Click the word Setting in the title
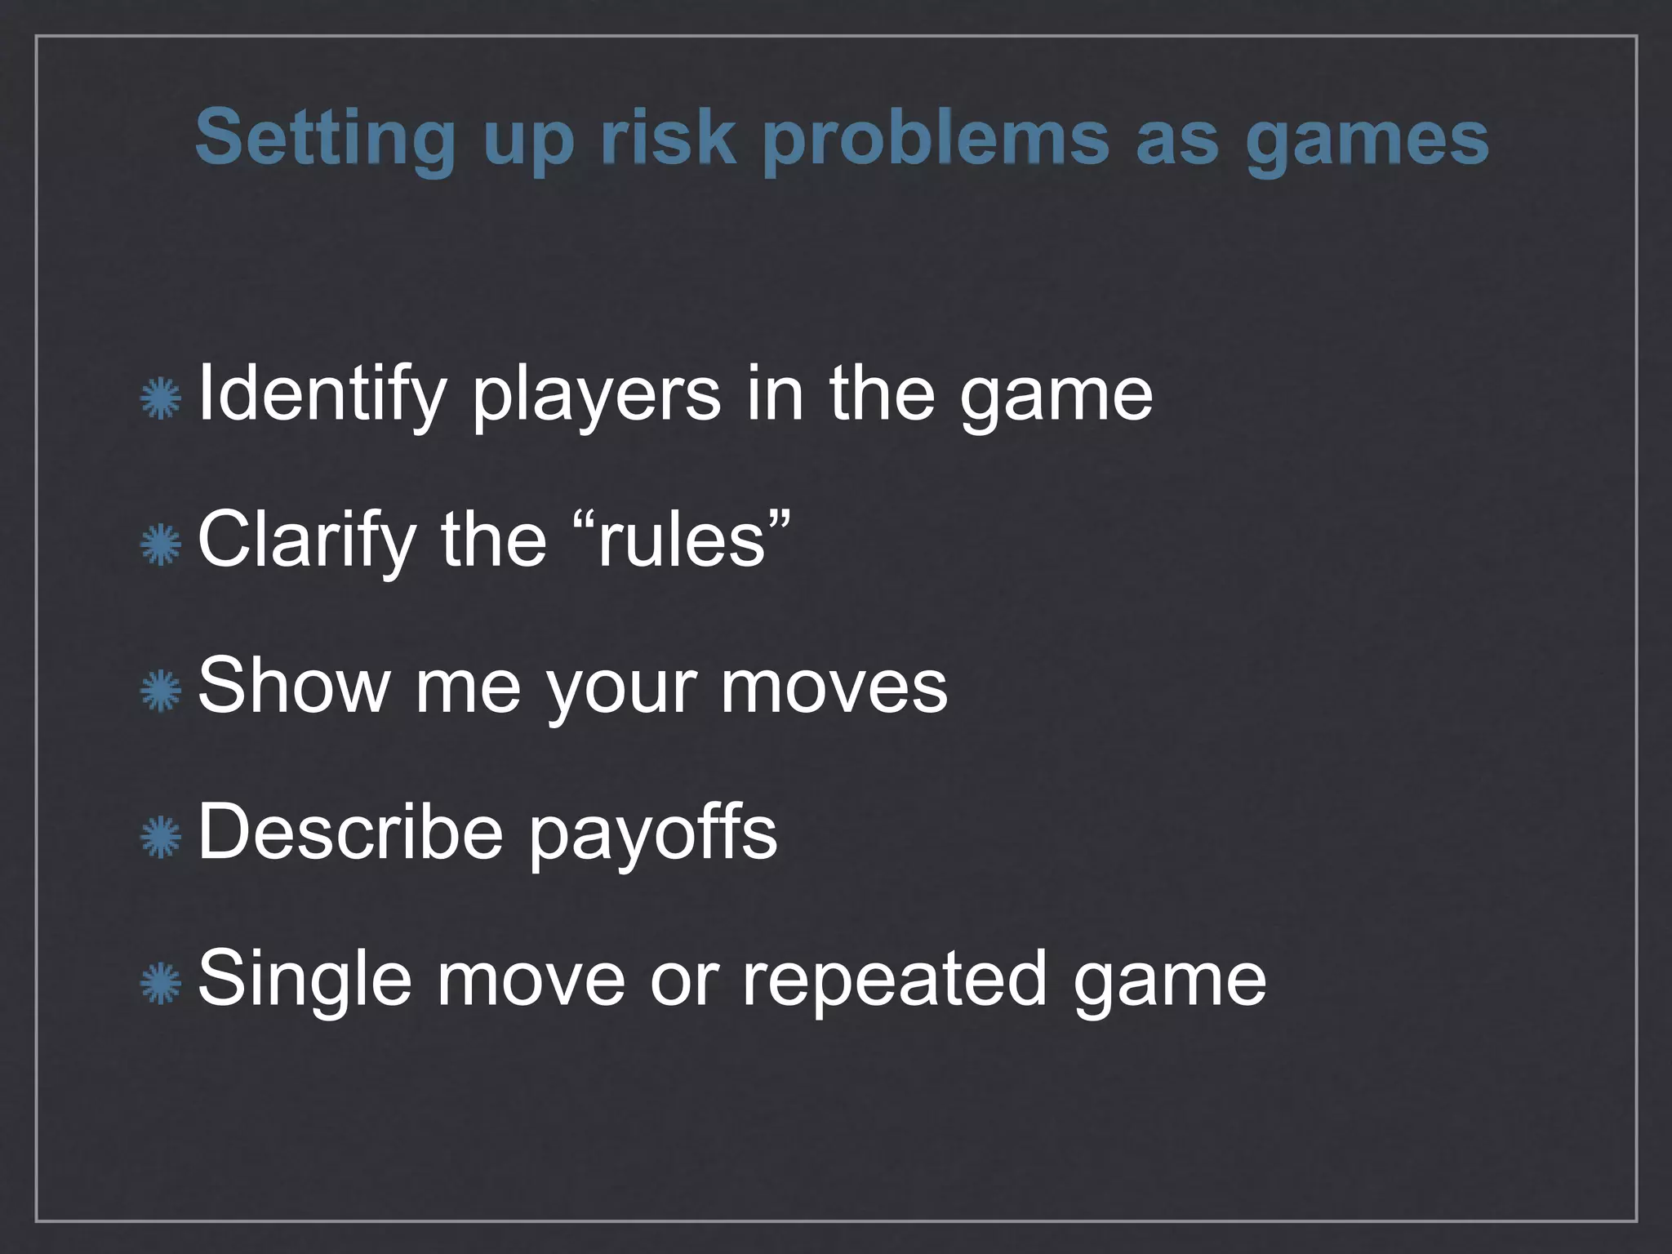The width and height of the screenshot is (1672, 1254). (x=323, y=138)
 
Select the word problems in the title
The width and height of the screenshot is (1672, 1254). (x=936, y=138)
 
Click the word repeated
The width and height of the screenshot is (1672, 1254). (x=894, y=980)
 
